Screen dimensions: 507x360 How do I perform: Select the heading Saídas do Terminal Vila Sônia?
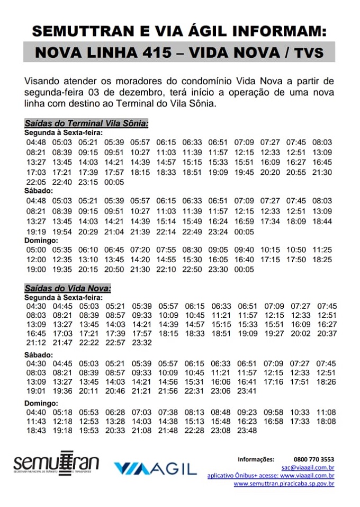[86, 123]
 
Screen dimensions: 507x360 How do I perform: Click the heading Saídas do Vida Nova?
[67, 288]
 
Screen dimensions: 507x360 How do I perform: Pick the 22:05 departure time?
[35, 182]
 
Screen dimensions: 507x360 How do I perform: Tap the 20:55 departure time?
[296, 172]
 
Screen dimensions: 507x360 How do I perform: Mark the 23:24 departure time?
[218, 232]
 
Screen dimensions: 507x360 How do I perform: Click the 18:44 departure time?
[322, 221]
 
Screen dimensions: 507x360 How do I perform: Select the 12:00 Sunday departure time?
[35, 260]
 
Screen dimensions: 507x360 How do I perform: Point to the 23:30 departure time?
[218, 270]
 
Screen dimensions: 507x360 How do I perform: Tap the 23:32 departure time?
[142, 343]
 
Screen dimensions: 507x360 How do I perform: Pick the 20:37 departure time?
[327, 333]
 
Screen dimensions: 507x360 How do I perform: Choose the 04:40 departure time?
[35, 412]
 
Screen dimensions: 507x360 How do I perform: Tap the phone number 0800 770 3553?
[313, 459]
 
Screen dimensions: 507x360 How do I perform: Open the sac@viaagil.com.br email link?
[308, 467]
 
